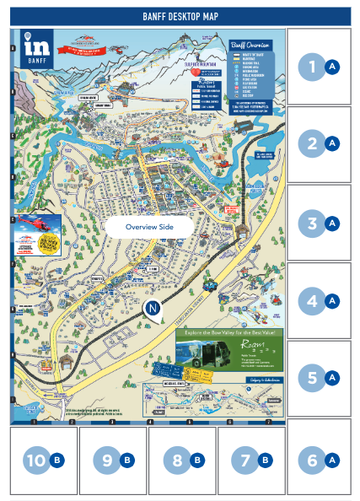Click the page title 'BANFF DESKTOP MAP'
coord(180,15)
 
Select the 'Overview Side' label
coord(149,227)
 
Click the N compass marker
coord(152,310)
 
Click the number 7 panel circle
coord(244,460)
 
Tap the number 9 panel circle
coord(106,460)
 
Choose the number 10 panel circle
coord(35,460)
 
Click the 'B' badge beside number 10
coord(57,460)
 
